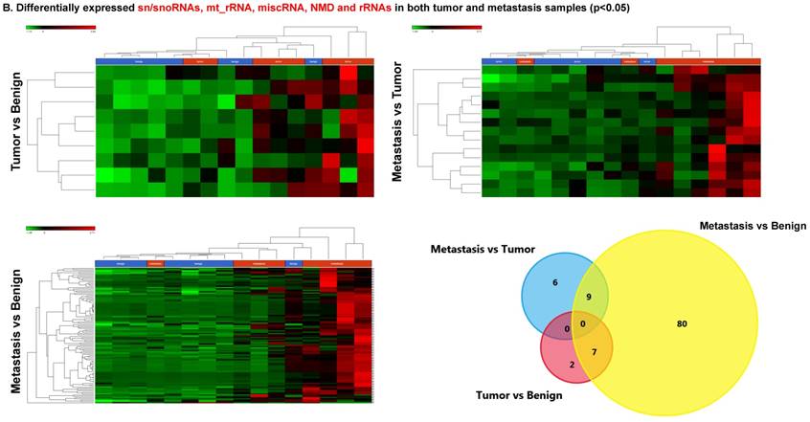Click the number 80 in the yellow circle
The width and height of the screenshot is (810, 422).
pyautogui.click(x=681, y=324)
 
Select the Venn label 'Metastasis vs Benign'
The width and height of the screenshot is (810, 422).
pyautogui.click(x=753, y=226)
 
